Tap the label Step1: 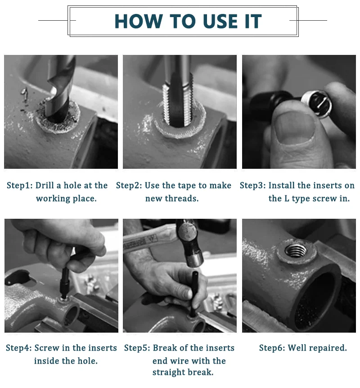[x=19, y=185]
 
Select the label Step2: [x=129, y=185]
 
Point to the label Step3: [x=252, y=185]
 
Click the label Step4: [x=19, y=348]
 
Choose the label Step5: [x=137, y=348]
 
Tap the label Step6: [x=272, y=348]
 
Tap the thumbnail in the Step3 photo [x=295, y=127]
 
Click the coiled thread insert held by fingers [x=317, y=104]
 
